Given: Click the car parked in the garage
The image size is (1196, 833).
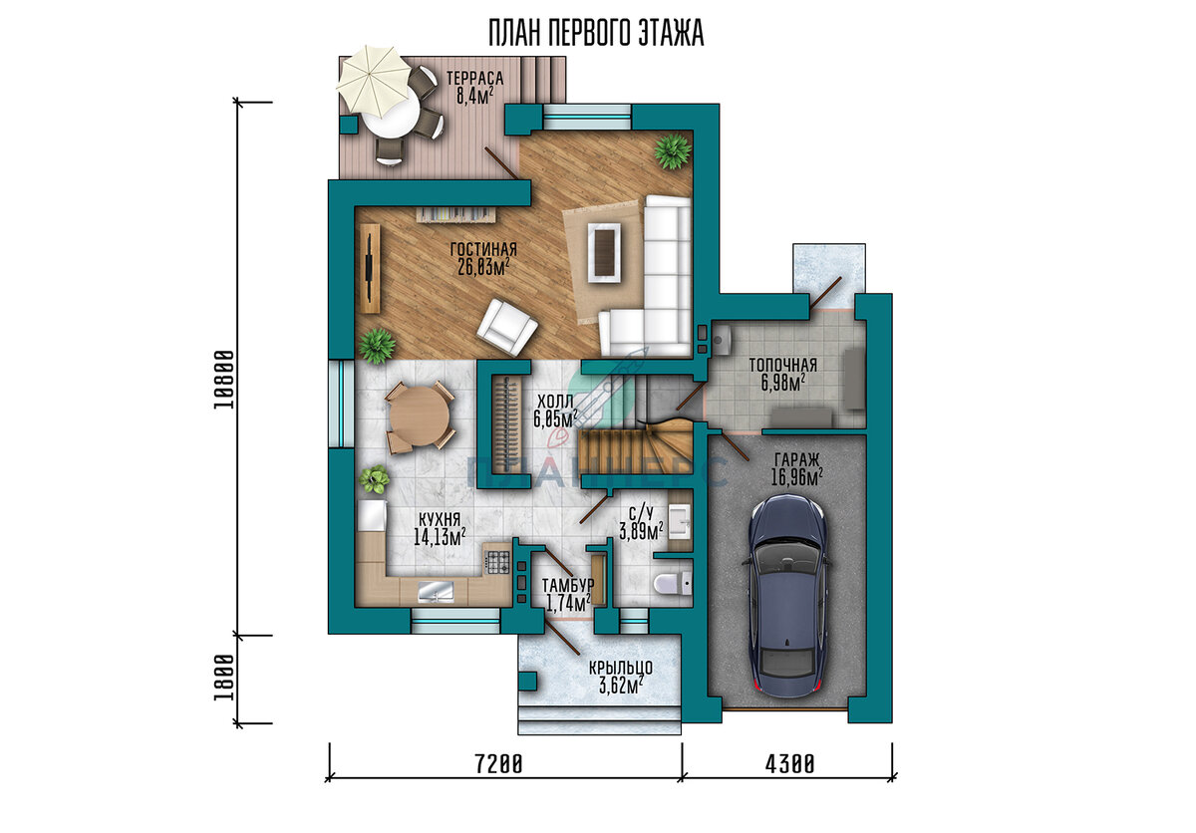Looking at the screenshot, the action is click(788, 596).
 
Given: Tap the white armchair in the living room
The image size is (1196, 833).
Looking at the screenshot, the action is click(506, 327).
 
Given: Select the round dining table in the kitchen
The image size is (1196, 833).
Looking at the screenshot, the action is click(420, 416).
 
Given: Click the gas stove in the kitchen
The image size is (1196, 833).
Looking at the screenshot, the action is click(497, 561).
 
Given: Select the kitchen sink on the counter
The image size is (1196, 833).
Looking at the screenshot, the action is click(436, 591).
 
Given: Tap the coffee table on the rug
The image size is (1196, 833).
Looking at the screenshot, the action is click(604, 252).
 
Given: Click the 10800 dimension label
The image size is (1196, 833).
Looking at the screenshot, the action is click(224, 380).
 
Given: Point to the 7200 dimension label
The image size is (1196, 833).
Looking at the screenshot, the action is click(498, 764).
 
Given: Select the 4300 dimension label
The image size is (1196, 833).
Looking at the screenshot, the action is click(790, 764).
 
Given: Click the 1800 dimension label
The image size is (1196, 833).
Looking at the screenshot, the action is click(224, 678).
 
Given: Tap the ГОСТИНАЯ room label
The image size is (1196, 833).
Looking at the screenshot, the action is click(483, 249).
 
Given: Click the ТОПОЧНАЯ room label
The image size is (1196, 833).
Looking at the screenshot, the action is click(782, 365).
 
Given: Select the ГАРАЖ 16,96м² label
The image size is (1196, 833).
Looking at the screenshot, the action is click(796, 469).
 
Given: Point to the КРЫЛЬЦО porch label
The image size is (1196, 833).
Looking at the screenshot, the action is click(621, 668).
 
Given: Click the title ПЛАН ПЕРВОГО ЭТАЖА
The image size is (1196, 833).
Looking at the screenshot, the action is click(596, 33).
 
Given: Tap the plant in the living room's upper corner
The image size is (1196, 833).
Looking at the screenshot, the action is click(672, 151).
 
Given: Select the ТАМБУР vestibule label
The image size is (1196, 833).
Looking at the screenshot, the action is click(568, 585).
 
